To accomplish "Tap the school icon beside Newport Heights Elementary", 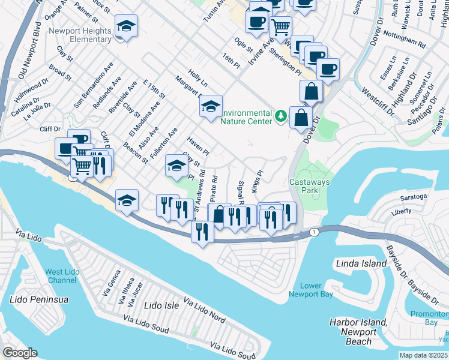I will click(x=126, y=26).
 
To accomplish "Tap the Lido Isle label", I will click(x=162, y=305).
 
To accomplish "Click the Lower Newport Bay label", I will click(x=310, y=290).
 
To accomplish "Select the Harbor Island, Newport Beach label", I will click(x=358, y=332).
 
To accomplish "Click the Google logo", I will click(x=19, y=353).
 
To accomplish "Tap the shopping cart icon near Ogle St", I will click(x=280, y=26).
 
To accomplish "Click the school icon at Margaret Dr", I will click(x=211, y=107).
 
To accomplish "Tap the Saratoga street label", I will click(x=412, y=196).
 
